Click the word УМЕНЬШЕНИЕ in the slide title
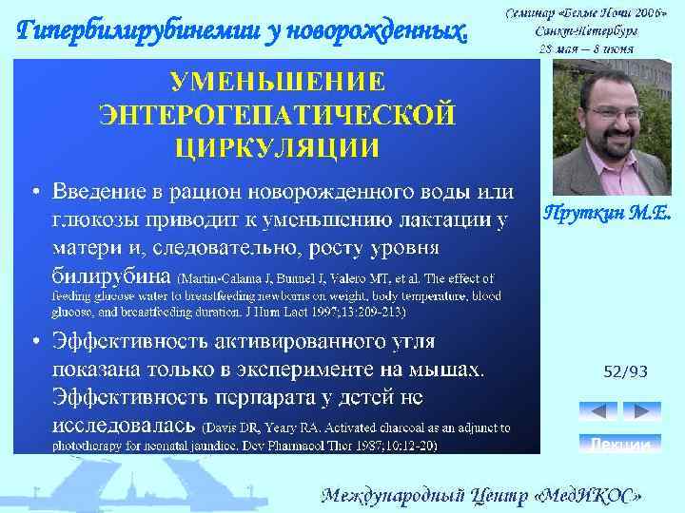[x=278, y=79]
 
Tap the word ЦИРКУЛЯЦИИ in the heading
[x=278, y=147]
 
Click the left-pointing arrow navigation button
[x=598, y=410]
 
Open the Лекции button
[x=619, y=444]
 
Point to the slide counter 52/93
[x=625, y=372]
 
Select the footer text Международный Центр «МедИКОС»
[x=488, y=495]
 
